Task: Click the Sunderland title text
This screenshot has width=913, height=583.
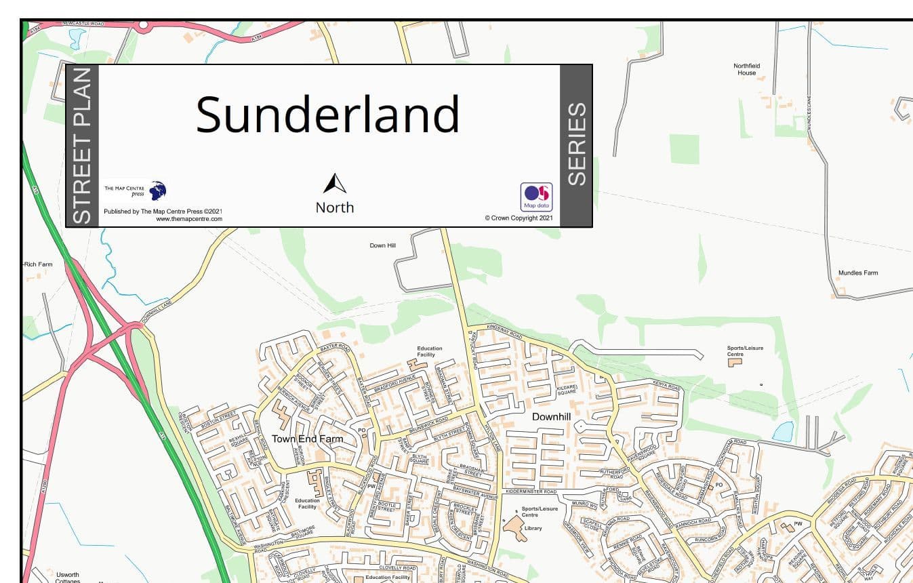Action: coord(328,113)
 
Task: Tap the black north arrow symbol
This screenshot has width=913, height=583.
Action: coord(334,184)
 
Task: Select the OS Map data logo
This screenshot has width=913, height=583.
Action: coord(536,197)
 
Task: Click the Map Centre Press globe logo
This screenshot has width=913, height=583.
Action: coord(158,190)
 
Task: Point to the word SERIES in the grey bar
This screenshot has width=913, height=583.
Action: coord(576,144)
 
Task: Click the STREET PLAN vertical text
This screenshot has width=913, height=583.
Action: coord(81,146)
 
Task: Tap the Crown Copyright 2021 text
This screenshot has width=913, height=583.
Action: coord(519,218)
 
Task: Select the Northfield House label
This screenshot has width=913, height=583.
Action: coord(746,69)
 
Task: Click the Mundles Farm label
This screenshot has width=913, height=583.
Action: coord(857,273)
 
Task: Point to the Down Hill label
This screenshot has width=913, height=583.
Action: coord(382,245)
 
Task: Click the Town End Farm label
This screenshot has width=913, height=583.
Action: coord(307,439)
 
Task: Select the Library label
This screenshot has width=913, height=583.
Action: coord(533,528)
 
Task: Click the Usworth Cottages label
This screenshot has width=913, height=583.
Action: coord(68,578)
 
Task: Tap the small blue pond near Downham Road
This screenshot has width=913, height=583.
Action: coord(782,432)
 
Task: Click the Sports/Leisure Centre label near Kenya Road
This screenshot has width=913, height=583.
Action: coord(745,351)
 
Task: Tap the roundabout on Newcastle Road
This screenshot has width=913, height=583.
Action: coord(143,26)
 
